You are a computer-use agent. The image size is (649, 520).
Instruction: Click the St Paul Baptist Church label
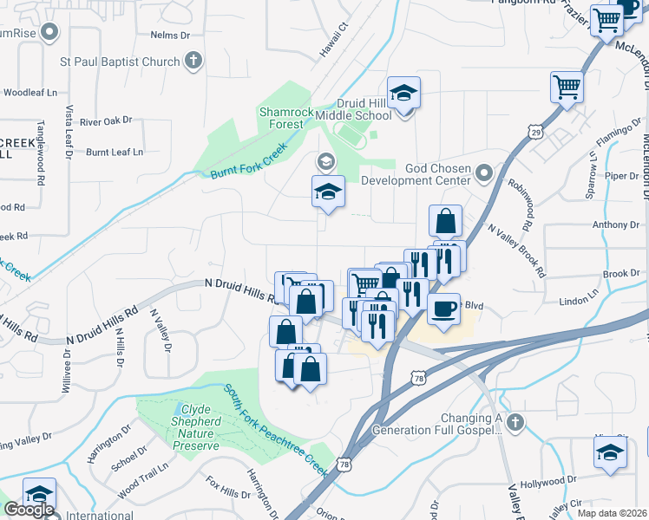pyautogui.click(x=120, y=62)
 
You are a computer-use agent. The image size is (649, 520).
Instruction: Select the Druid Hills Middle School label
pyautogui.click(x=364, y=108)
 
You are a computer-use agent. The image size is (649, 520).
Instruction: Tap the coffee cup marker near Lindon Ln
pyautogui.click(x=443, y=309)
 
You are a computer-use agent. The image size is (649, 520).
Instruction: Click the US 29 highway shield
pyautogui.click(x=535, y=131)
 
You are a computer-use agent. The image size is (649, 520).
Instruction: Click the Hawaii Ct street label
pyautogui.click(x=333, y=41)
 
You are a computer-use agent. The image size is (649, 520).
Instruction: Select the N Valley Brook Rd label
pyautogui.click(x=518, y=250)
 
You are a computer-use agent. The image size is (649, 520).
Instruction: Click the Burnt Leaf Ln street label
pyautogui.click(x=114, y=153)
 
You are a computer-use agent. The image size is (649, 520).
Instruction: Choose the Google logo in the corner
pyautogui.click(x=29, y=509)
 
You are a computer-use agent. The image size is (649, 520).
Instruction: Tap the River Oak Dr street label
pyautogui.click(x=105, y=121)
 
